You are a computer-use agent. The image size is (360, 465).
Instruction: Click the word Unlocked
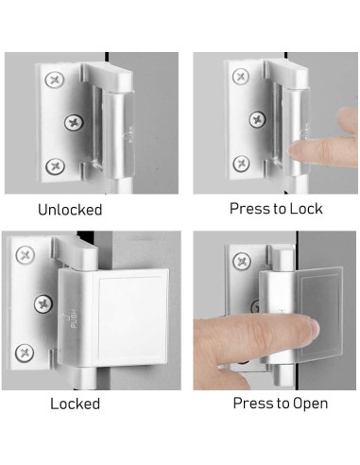(70, 210)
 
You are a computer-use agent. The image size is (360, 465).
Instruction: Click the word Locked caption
(76, 404)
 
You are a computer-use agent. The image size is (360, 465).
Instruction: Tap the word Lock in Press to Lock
(306, 209)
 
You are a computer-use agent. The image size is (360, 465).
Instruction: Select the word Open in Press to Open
(311, 404)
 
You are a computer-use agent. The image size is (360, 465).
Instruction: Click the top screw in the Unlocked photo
(55, 79)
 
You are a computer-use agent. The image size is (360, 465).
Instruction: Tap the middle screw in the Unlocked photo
(75, 123)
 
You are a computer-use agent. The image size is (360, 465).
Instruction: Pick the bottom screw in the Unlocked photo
(56, 166)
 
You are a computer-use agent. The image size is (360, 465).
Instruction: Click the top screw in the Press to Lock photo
(241, 77)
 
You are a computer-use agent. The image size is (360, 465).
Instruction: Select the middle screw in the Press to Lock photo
(257, 119)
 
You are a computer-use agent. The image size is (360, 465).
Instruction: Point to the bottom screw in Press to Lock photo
(242, 164)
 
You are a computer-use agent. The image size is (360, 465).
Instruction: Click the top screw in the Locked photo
(26, 255)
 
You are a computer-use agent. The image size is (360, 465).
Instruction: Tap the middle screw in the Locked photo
(43, 303)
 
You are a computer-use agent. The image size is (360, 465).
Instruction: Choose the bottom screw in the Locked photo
(25, 353)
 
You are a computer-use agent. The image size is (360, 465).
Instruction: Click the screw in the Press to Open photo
(242, 262)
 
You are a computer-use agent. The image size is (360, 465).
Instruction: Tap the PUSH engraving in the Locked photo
(72, 319)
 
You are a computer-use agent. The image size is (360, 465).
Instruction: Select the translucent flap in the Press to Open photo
(319, 314)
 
